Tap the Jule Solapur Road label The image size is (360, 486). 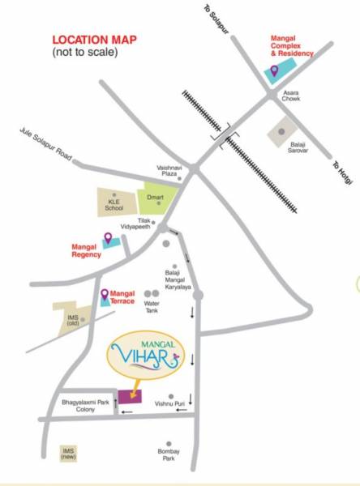[x=50, y=148]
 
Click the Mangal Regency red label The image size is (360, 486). [x=84, y=249]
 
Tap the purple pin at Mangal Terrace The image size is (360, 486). [x=104, y=296]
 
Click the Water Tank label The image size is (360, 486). [x=152, y=308]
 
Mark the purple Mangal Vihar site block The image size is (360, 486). [x=128, y=396]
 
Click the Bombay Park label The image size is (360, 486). [x=168, y=455]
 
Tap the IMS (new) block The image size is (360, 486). [x=69, y=453]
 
